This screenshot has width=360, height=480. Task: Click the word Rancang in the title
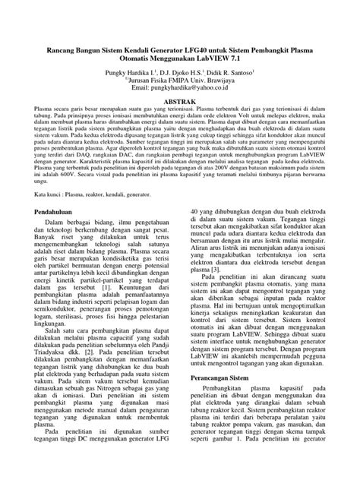43,29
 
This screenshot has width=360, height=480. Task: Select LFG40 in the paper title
204,29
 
